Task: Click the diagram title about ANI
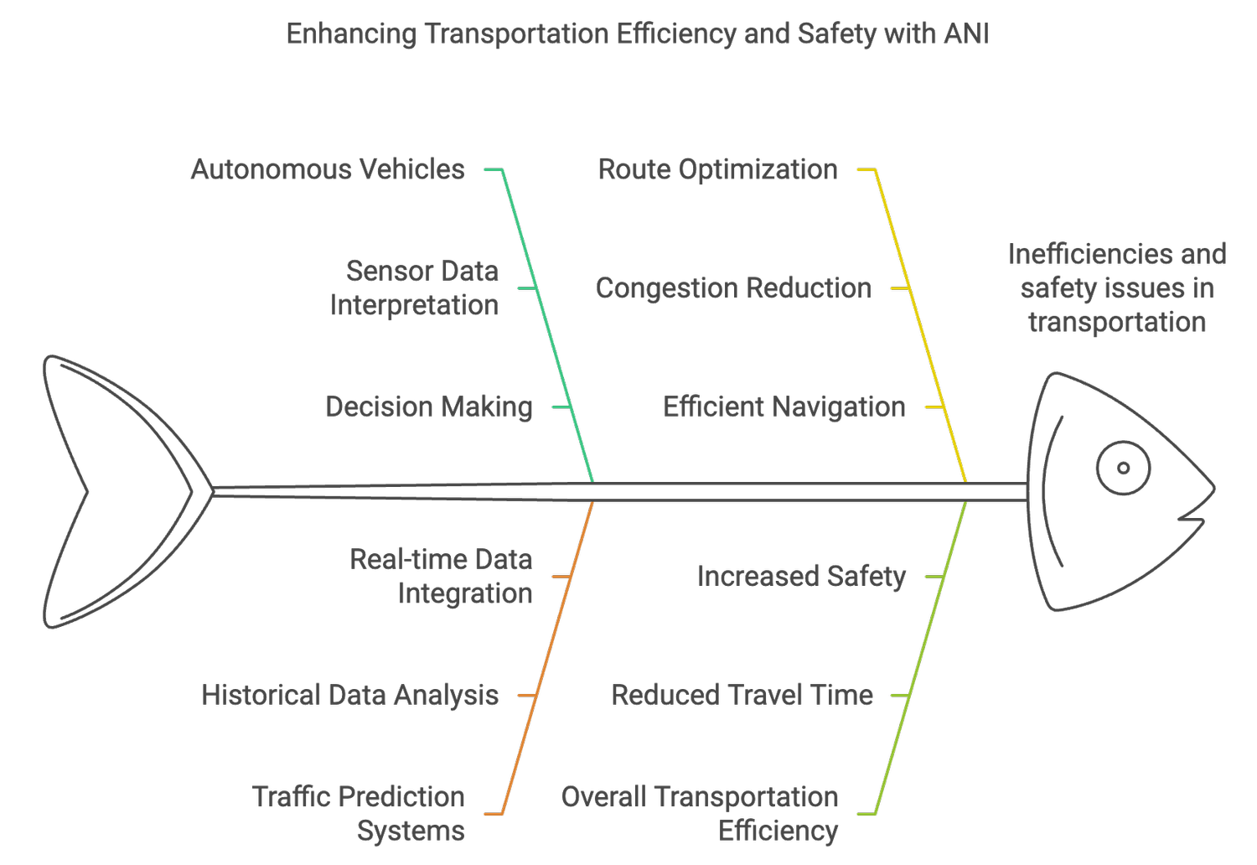637,34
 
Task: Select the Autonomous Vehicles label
328,169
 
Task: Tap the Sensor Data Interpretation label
414,287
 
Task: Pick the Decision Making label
429,407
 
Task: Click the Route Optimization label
717,169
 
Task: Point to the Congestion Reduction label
733,288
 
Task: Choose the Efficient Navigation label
784,407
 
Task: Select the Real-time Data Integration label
441,576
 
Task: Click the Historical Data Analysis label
349,695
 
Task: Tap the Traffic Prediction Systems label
359,813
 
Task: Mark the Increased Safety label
801,577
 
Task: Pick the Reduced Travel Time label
742,695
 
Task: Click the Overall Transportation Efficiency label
700,813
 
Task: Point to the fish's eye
1123,468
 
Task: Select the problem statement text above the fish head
1116,287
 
